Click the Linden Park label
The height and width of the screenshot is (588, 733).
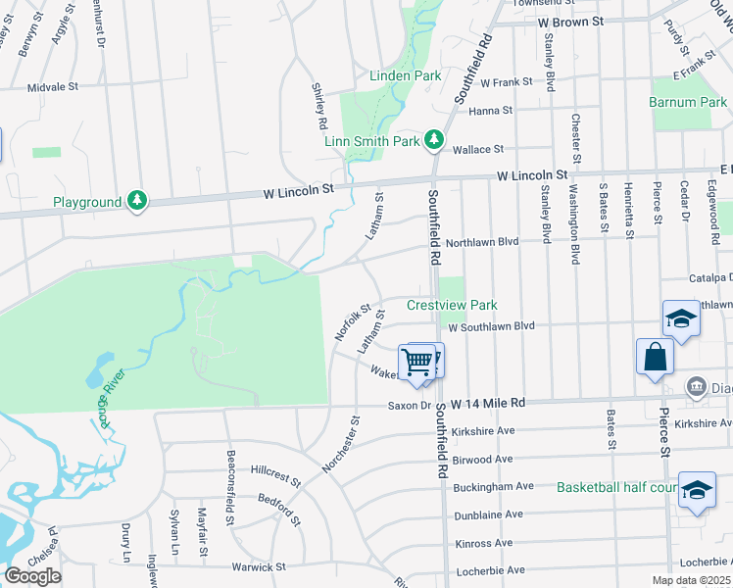click(405, 75)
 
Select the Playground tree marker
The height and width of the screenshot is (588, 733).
click(138, 201)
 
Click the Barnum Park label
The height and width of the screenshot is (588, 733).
click(688, 102)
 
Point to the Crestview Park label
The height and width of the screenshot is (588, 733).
click(453, 305)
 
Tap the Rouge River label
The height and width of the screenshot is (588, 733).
click(111, 396)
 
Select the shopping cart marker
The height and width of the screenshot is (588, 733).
click(417, 363)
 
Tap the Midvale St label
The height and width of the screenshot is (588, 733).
click(53, 86)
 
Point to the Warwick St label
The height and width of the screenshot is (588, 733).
click(258, 566)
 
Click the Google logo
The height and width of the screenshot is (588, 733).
click(32, 576)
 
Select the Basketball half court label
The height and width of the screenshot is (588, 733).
click(617, 487)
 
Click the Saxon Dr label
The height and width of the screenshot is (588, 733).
click(409, 405)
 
